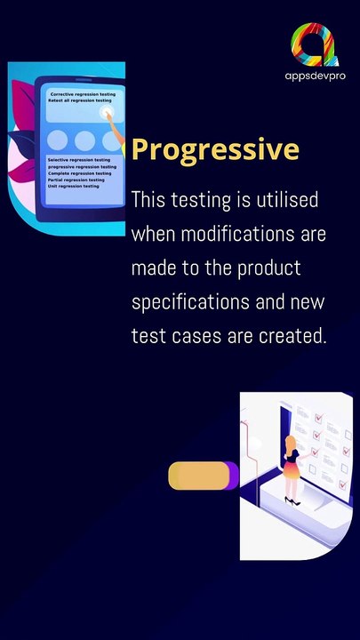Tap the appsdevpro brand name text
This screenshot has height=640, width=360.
(x=316, y=77)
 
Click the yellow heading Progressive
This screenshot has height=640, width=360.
(x=215, y=149)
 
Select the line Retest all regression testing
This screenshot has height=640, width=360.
(x=80, y=101)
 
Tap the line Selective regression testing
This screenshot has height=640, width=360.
(x=79, y=160)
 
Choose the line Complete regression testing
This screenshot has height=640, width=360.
(x=80, y=173)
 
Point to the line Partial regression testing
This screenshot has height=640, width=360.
(x=76, y=180)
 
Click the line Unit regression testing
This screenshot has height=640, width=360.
(x=73, y=187)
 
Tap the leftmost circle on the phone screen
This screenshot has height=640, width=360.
(x=59, y=140)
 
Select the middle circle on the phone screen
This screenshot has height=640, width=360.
(x=85, y=140)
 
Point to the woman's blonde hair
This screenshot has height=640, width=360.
(x=290, y=444)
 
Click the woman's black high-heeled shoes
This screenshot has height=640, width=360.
(x=292, y=501)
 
